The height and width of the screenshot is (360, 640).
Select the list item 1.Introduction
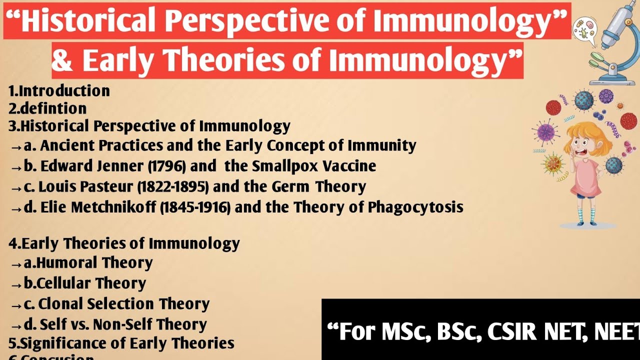click(x=59, y=91)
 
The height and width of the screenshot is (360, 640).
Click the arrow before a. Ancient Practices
click(x=16, y=146)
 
